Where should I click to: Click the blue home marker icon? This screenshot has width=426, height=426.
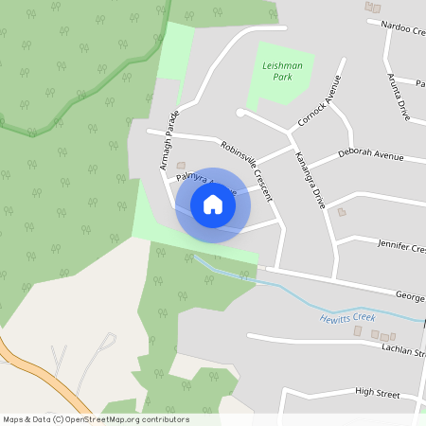pos(213,204)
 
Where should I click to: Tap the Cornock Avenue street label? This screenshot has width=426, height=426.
pos(318,101)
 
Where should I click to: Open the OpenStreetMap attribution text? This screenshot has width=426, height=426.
pos(96,419)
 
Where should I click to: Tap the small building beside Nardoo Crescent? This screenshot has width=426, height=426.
pos(371,7)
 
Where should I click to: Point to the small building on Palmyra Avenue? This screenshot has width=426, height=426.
pos(181,165)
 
